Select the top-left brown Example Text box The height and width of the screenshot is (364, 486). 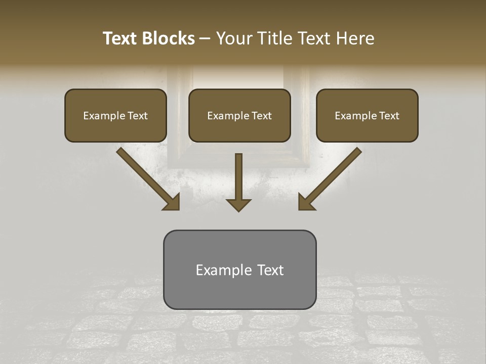tap(115, 115)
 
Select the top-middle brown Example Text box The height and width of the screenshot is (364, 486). tap(239, 115)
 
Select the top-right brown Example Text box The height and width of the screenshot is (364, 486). tap(367, 115)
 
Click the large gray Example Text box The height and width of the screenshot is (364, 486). tap(239, 269)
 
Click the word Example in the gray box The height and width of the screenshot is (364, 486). tap(222, 270)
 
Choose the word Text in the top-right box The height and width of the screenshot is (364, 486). tap(389, 116)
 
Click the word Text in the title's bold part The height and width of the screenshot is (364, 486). tap(121, 38)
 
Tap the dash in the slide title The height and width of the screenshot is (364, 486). tap(205, 39)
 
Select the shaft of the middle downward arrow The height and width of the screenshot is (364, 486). tap(238, 174)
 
